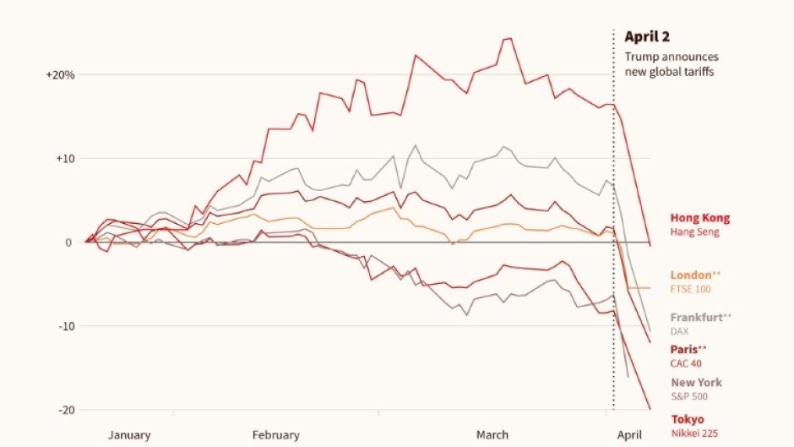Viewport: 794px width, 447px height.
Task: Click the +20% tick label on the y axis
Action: coord(60,75)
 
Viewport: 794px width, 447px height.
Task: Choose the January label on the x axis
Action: coord(129,435)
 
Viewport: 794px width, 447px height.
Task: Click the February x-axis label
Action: coord(275,435)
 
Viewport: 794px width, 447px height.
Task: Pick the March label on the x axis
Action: coord(492,435)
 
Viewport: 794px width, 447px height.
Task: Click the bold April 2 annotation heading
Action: coord(646,36)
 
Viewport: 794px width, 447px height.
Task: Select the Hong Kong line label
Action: coord(700,218)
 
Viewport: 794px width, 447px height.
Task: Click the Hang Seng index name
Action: coord(695,232)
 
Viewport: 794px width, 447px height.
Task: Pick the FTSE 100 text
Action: coord(691,290)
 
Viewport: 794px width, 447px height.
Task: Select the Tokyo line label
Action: coord(687,419)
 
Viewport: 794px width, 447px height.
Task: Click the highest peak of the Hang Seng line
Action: coord(508,38)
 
